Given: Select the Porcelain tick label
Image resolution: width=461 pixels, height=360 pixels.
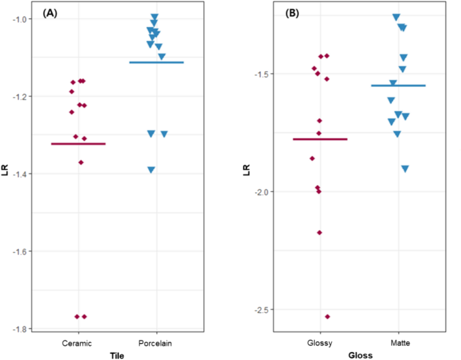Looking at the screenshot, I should (x=157, y=343).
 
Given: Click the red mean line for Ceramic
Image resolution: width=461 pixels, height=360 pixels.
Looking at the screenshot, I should (x=79, y=143).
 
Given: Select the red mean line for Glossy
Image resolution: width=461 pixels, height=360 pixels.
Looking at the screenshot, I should (x=320, y=139).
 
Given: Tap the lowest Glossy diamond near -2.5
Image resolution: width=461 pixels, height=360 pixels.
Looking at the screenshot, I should (x=328, y=316).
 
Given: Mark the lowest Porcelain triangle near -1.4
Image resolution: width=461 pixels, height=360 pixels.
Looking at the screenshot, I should (x=151, y=170).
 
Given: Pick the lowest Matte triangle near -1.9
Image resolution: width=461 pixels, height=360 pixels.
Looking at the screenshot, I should (x=405, y=169).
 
